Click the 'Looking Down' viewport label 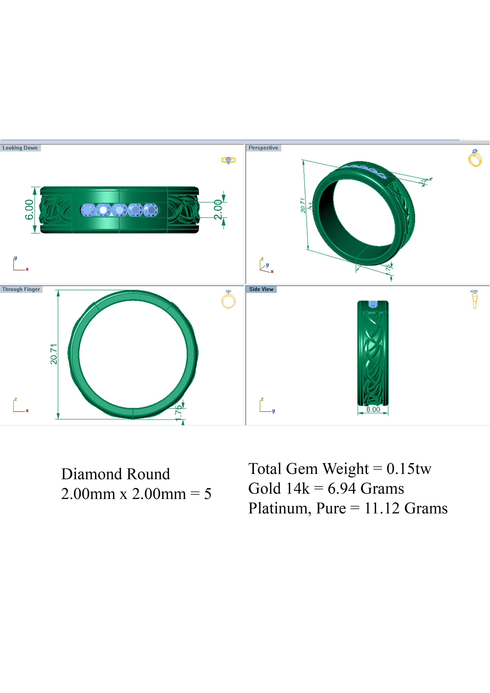click(20, 148)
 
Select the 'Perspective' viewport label click(263, 148)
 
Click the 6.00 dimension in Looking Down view click(29, 210)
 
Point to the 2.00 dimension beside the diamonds click(218, 210)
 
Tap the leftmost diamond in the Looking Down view click(88, 210)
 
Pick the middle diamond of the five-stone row click(120, 210)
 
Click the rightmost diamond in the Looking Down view click(150, 210)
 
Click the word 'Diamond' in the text click(92, 474)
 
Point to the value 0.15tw click(409, 469)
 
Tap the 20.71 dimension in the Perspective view click(303, 205)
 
